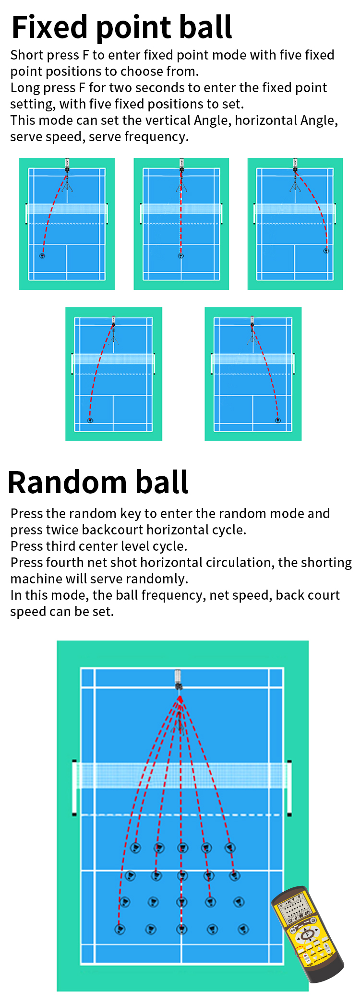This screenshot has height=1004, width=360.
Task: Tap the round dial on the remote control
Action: (x=308, y=934)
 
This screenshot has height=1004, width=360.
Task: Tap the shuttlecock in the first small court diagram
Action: (x=42, y=256)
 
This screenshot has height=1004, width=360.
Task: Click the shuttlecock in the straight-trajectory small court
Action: (x=181, y=256)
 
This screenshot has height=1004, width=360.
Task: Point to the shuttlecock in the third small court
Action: (x=326, y=251)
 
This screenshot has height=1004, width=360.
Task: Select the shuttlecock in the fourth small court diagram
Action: (x=90, y=421)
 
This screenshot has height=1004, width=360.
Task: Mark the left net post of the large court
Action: (x=74, y=787)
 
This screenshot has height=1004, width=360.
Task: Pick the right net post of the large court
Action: (x=289, y=787)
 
